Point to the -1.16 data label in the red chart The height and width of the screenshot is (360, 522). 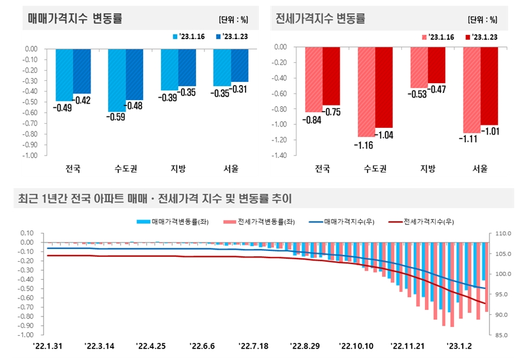click(365, 145)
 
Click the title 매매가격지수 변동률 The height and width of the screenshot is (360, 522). click(75, 18)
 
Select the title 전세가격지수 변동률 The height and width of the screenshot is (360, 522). click(320, 18)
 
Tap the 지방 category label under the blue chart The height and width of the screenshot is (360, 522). click(178, 168)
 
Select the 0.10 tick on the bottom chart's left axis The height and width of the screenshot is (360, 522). click(26, 233)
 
